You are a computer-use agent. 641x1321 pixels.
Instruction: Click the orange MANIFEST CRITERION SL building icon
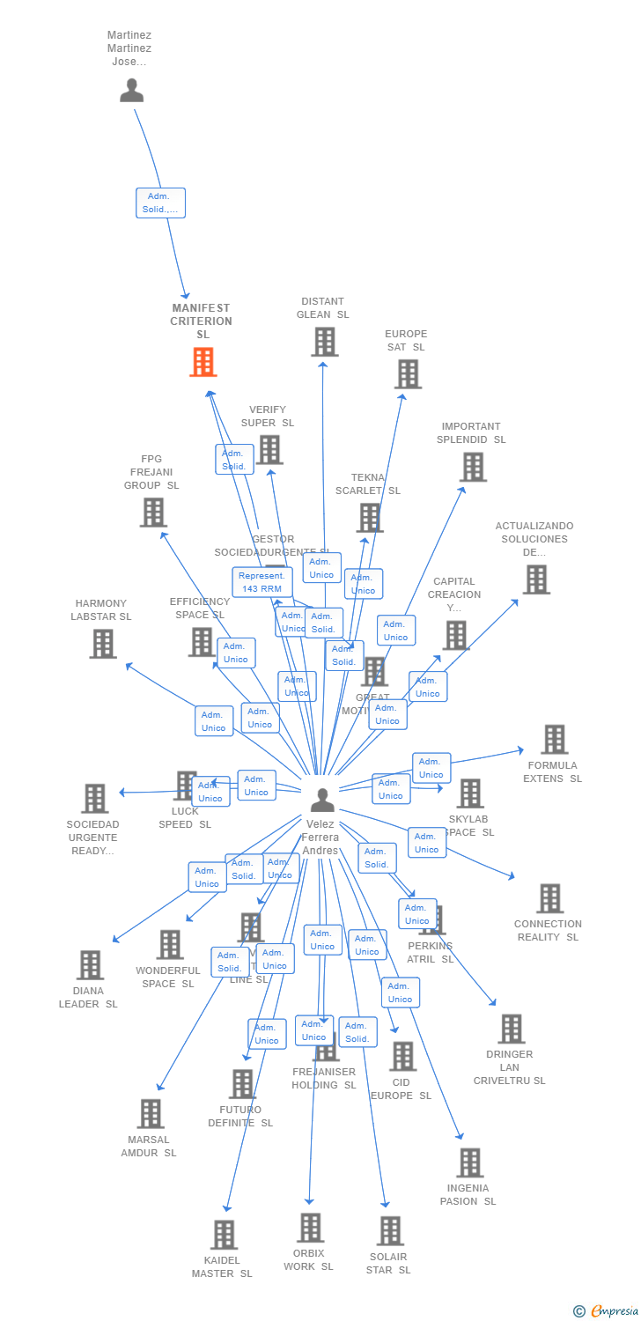click(x=203, y=362)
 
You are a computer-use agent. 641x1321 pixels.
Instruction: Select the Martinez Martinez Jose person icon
click(x=132, y=91)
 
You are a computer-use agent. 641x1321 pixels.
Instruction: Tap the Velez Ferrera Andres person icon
click(x=322, y=800)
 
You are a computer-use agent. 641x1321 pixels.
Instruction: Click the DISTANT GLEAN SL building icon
click(x=324, y=342)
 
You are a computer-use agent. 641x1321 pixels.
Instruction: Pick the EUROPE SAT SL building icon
click(x=407, y=374)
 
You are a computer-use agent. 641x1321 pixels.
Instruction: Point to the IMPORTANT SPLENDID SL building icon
click(x=473, y=467)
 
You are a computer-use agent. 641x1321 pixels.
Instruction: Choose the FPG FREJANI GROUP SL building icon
click(x=153, y=513)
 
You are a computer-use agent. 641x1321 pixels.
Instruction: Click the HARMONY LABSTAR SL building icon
click(x=103, y=644)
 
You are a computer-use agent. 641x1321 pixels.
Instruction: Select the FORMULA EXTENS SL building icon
click(x=554, y=740)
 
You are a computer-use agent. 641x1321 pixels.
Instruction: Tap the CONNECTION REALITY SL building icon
click(x=549, y=898)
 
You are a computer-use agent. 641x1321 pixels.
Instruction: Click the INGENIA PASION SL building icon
click(x=469, y=1162)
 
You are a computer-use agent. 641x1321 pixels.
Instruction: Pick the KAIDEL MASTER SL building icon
click(x=224, y=1235)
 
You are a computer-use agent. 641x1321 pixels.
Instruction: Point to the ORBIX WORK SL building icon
click(x=310, y=1228)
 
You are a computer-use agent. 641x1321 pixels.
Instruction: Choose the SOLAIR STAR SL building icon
click(x=389, y=1231)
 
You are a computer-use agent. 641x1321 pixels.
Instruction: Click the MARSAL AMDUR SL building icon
click(x=151, y=1114)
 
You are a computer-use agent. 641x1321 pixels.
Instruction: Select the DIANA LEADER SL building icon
click(x=90, y=965)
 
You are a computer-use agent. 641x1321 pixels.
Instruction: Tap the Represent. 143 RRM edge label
click(x=262, y=582)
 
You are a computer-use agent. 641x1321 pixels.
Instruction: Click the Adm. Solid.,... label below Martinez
click(x=160, y=203)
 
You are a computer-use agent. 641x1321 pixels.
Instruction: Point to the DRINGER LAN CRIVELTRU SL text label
click(x=509, y=1067)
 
